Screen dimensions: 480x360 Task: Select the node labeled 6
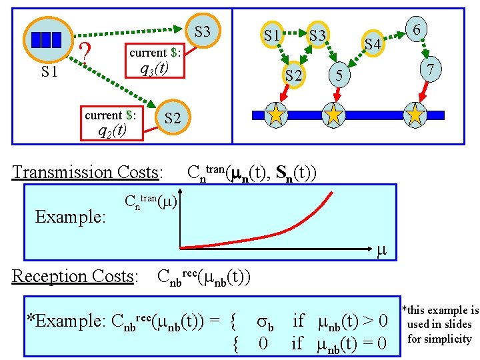416,30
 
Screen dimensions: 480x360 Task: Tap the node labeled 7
431,69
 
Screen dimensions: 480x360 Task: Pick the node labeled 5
339,77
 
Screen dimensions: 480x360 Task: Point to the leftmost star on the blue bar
275,115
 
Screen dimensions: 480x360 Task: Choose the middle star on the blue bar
333,115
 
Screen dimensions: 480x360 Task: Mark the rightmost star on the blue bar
415,115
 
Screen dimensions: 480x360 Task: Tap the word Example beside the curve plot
69,217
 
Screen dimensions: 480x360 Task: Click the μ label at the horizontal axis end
381,251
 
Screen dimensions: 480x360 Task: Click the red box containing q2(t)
111,123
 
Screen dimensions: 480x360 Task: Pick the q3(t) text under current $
153,69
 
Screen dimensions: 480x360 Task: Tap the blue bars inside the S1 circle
46,40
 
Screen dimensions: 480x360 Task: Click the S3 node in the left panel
202,32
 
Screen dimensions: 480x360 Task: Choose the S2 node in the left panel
172,119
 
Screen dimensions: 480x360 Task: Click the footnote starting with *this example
439,325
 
